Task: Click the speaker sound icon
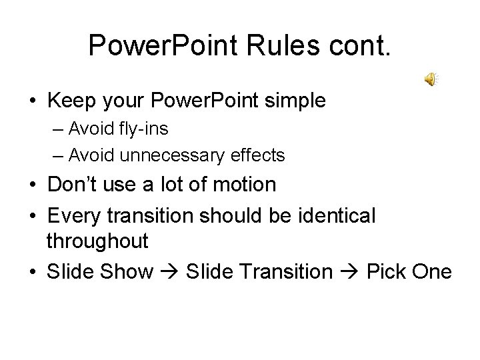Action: [x=431, y=81]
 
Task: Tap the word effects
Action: [x=258, y=156]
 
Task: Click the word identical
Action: [x=334, y=215]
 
